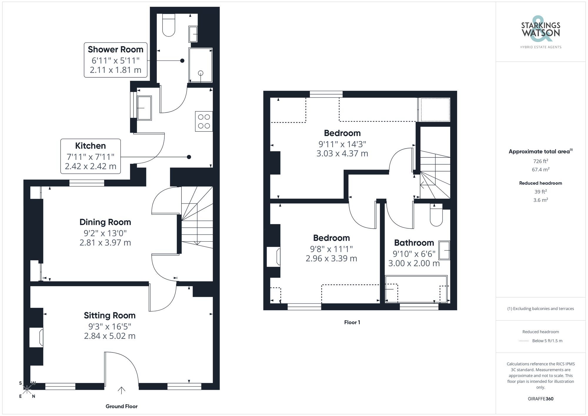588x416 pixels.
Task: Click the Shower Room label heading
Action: click(x=116, y=49)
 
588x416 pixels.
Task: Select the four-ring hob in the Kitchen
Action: click(x=204, y=121)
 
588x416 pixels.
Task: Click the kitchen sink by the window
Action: click(x=144, y=108)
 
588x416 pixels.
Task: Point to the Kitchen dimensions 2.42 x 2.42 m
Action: click(x=91, y=166)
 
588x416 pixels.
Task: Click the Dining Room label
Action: click(x=105, y=222)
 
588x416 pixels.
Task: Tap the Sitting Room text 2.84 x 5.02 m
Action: click(x=110, y=336)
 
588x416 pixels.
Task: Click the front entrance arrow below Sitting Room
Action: click(x=121, y=390)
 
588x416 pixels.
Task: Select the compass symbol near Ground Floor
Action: click(x=27, y=390)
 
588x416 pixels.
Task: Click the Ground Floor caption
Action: click(x=121, y=406)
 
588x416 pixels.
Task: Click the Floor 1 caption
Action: click(x=352, y=322)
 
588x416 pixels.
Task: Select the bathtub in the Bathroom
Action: click(x=416, y=289)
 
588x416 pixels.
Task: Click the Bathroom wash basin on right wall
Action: click(x=444, y=250)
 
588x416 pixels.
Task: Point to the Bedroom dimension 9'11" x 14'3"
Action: click(x=342, y=144)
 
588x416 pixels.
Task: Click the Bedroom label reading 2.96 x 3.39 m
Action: click(x=331, y=258)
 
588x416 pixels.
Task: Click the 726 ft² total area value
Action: click(x=540, y=161)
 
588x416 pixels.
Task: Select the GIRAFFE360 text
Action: click(x=540, y=399)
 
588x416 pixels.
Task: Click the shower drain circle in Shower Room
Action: click(x=201, y=73)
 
